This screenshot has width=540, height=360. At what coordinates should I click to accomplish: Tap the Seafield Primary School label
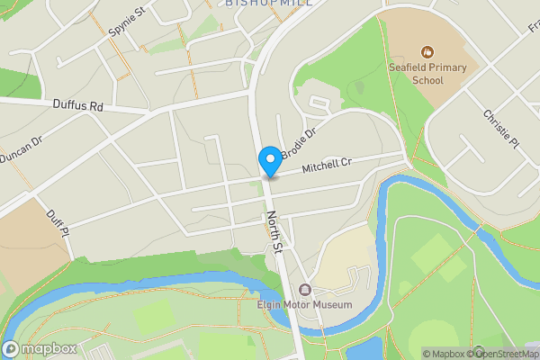[x=427, y=74]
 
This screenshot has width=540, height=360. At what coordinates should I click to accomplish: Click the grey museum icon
[x=304, y=290]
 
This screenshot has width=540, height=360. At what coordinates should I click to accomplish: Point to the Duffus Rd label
[x=77, y=106]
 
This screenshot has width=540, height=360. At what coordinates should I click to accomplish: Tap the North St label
[x=274, y=232]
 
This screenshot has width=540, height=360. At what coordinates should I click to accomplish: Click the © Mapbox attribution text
[x=443, y=354]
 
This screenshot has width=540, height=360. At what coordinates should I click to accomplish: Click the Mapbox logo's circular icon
[x=11, y=349]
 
